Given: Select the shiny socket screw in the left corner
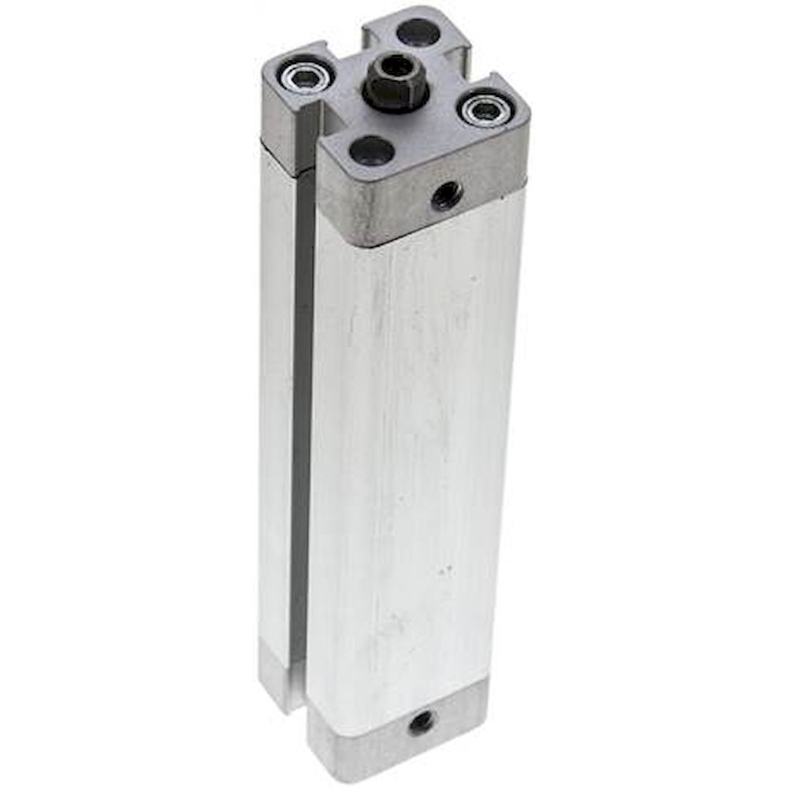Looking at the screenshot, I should [303, 76].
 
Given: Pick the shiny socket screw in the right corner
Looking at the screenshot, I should [483, 110].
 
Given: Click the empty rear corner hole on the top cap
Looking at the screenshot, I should [418, 33].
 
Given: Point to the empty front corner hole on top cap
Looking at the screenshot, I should [371, 149].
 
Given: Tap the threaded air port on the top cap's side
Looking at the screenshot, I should [447, 194].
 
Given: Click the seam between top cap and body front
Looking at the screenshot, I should [426, 229].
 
